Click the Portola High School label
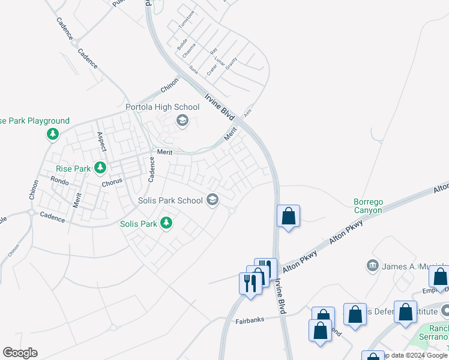(x=162, y=107)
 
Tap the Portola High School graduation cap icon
(x=182, y=122)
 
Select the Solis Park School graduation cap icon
(x=212, y=200)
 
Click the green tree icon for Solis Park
(x=166, y=224)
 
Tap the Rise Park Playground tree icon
(x=53, y=134)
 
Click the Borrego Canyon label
(x=368, y=206)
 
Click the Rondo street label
(x=59, y=179)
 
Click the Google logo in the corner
(x=20, y=353)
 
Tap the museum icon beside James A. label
(x=372, y=265)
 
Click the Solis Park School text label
(x=170, y=200)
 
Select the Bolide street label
(x=182, y=43)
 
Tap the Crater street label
(x=211, y=69)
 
